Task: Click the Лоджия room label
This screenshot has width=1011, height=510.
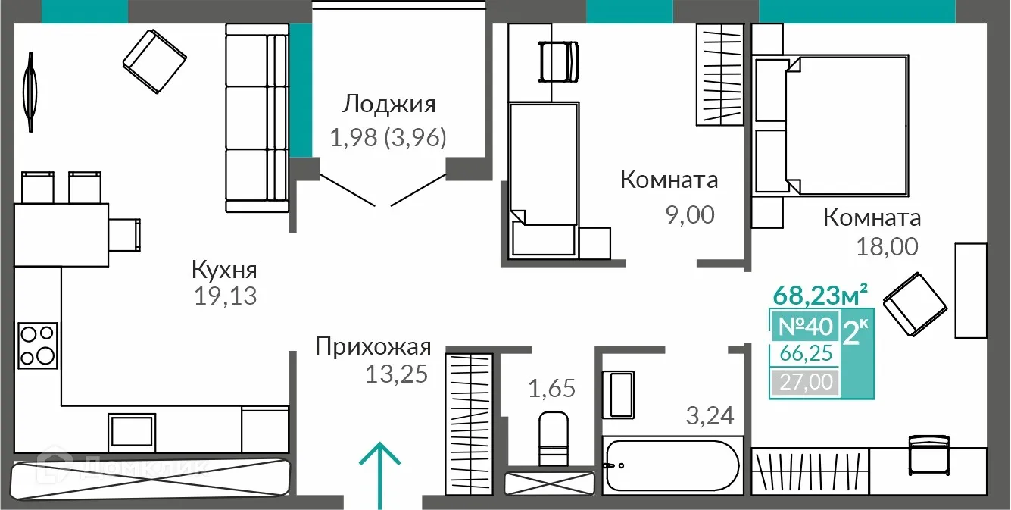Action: (389, 104)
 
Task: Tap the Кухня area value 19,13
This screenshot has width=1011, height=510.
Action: (226, 296)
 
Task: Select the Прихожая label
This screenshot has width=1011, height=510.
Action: (373, 348)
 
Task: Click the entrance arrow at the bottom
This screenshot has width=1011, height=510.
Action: (379, 474)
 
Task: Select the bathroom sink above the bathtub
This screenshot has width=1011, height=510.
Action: (620, 394)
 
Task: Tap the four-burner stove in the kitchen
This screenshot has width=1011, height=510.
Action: (38, 345)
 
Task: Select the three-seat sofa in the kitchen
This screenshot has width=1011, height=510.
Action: (257, 117)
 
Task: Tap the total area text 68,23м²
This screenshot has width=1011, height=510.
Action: (819, 292)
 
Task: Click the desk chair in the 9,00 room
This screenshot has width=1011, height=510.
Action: (557, 61)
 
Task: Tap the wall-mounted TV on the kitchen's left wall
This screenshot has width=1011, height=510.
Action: (30, 91)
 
